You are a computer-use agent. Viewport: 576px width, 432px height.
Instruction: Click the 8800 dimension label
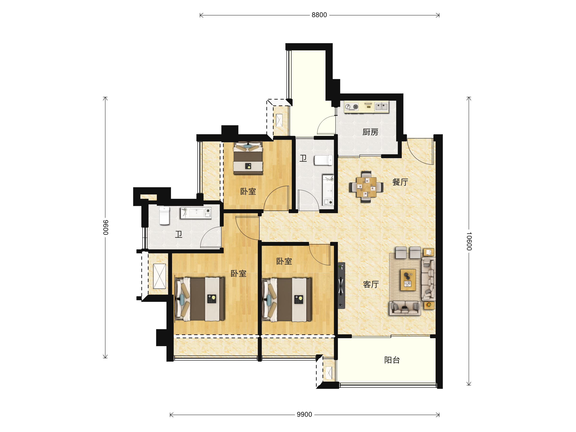319,15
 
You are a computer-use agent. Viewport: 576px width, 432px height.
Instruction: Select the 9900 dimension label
304,414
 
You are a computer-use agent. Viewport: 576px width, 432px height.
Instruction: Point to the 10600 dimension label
469,241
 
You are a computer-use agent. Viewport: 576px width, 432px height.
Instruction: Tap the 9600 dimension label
105,227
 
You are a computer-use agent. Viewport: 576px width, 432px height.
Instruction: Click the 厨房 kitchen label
370,132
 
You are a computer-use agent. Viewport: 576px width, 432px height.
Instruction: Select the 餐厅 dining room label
400,182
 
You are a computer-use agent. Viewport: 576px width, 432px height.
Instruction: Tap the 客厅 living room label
371,284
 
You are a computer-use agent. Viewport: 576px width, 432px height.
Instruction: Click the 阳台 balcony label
392,360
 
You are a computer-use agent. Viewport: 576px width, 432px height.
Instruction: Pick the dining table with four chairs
366,187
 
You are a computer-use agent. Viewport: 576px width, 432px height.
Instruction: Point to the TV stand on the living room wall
341,286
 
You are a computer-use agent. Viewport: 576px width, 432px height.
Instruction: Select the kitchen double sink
382,107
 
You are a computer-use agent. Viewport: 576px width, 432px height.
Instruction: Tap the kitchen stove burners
352,107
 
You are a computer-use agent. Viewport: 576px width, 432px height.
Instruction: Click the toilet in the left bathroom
164,216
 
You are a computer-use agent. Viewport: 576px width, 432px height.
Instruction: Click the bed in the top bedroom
248,158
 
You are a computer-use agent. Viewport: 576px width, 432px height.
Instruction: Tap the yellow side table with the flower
429,305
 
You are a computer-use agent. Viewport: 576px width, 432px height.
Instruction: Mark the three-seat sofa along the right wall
428,279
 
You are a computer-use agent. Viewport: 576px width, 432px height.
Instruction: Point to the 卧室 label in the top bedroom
248,191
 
